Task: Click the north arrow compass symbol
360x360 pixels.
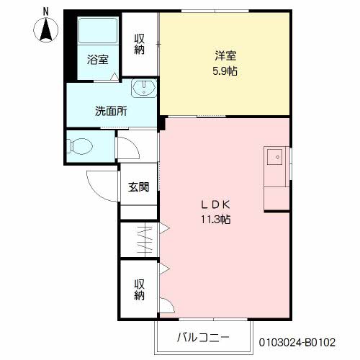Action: (x=46, y=30)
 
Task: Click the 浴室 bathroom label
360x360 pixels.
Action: (x=98, y=60)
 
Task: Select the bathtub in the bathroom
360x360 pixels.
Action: (x=97, y=32)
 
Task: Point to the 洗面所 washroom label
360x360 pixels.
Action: (x=112, y=112)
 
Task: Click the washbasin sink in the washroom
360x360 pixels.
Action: (x=145, y=90)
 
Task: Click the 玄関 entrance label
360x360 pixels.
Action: (x=139, y=187)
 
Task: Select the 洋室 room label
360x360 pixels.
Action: (x=225, y=55)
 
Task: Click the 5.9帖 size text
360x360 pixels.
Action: (x=225, y=71)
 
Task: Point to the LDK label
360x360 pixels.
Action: (x=215, y=204)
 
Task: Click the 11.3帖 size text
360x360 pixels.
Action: (x=215, y=220)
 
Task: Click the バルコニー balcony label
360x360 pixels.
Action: (x=203, y=338)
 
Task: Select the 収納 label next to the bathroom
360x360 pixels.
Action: (x=140, y=44)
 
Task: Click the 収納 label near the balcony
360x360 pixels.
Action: (x=139, y=289)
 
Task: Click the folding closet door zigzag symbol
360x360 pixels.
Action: (x=145, y=240)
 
